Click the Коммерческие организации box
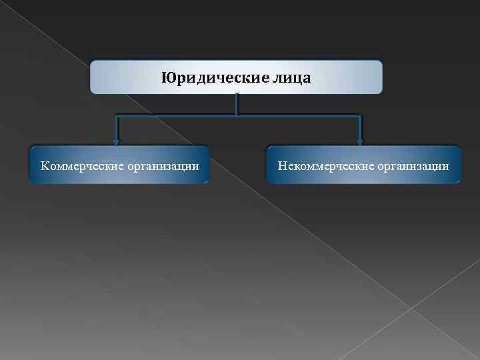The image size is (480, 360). tap(119, 165)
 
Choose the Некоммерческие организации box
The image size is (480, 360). tap(363, 165)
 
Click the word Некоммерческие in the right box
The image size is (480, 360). tap(323, 164)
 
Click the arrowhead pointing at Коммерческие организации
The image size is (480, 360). tap(117, 141)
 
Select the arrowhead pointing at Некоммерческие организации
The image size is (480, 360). tap(360, 141)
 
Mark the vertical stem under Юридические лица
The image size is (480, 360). tap(236, 105)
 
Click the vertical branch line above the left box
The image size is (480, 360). tap(117, 128)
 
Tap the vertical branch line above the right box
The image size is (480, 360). tap(360, 128)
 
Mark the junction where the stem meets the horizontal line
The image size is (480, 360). tap(236, 117)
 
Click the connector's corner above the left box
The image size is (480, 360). tap(117, 117)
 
